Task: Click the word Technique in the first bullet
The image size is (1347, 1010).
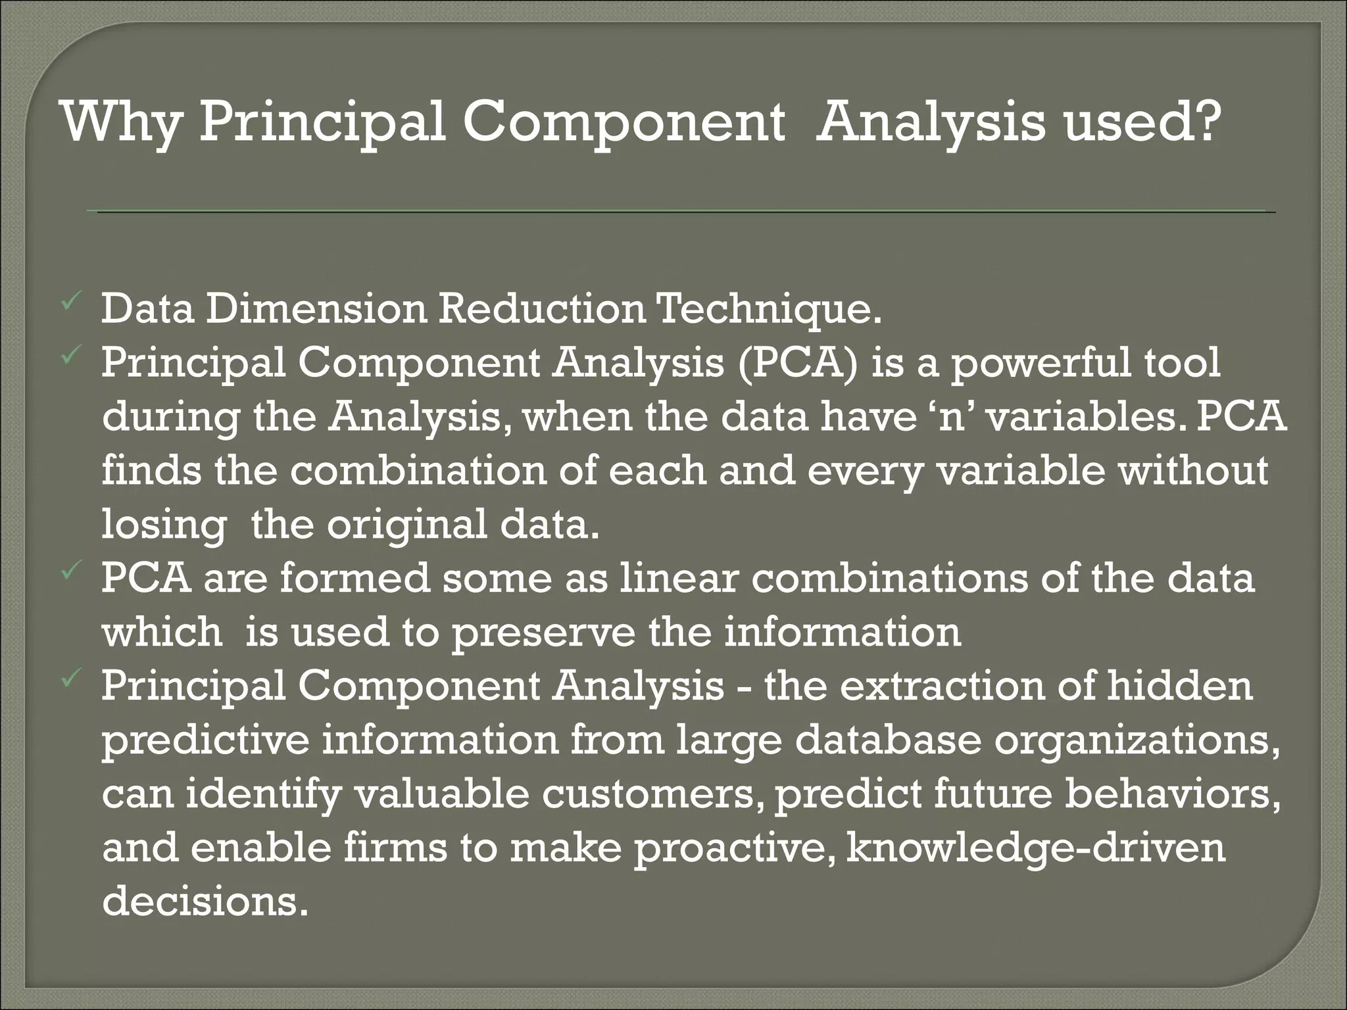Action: [x=769, y=309]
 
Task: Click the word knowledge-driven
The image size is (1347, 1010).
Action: [x=1035, y=848]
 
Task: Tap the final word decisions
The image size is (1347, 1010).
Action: [x=205, y=902]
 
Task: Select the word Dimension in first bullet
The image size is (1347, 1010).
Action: [x=316, y=309]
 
